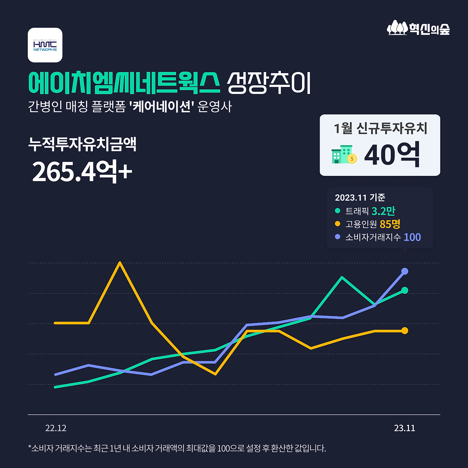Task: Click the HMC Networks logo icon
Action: pyautogui.click(x=45, y=45)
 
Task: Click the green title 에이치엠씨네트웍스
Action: pyautogui.click(x=124, y=83)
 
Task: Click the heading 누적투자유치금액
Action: pyautogui.click(x=82, y=144)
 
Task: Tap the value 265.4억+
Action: pyautogui.click(x=82, y=171)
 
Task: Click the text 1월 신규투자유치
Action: pyautogui.click(x=380, y=128)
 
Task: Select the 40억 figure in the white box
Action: pyautogui.click(x=392, y=155)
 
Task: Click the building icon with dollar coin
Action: pyautogui.click(x=344, y=155)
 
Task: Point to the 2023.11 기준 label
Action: pyautogui.click(x=360, y=197)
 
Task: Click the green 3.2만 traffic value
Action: pyautogui.click(x=383, y=211)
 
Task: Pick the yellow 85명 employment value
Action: pyautogui.click(x=390, y=224)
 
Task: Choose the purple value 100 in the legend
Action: pyautogui.click(x=412, y=237)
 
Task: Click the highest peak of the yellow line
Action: pyautogui.click(x=120, y=263)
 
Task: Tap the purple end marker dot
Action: pyautogui.click(x=405, y=271)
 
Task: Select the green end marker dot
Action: pyautogui.click(x=405, y=290)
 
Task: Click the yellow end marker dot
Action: pyautogui.click(x=405, y=331)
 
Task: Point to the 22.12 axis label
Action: pyautogui.click(x=56, y=428)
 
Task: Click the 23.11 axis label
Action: pyautogui.click(x=404, y=428)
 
